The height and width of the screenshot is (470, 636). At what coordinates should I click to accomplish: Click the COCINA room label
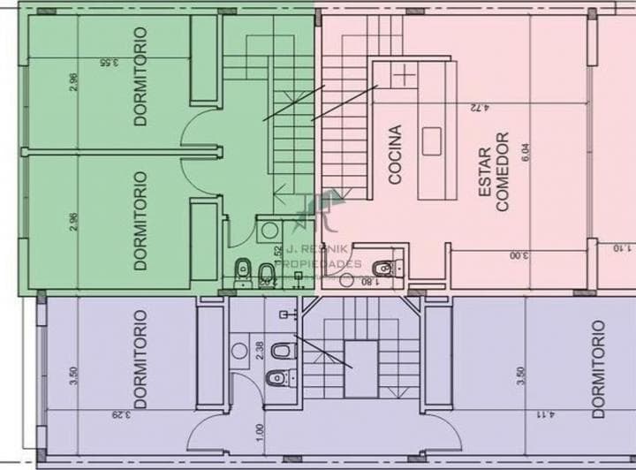pos(395,155)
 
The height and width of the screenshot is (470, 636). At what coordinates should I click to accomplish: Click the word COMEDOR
pos(503,172)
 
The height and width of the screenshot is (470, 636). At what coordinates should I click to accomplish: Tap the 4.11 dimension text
pos(547,413)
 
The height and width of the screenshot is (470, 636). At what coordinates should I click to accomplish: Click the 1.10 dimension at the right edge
pos(616,249)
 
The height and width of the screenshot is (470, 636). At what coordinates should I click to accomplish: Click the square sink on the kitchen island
pos(432,140)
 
